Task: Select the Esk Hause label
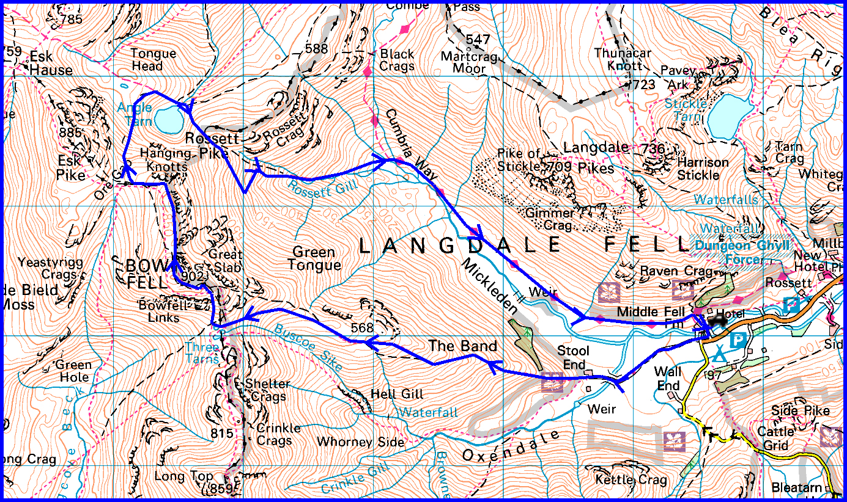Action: pos(51,64)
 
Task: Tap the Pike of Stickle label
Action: pos(519,159)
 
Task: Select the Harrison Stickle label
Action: pos(703,169)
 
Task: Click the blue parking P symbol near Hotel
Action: pos(739,340)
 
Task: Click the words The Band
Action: pos(462,346)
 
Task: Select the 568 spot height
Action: pos(362,328)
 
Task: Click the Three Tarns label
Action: pos(202,354)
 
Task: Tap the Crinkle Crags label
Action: pos(278,434)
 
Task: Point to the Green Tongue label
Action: pos(314,258)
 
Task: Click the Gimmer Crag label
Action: pos(550,219)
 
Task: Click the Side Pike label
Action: pos(801,410)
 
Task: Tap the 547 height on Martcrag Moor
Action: pos(478,40)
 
